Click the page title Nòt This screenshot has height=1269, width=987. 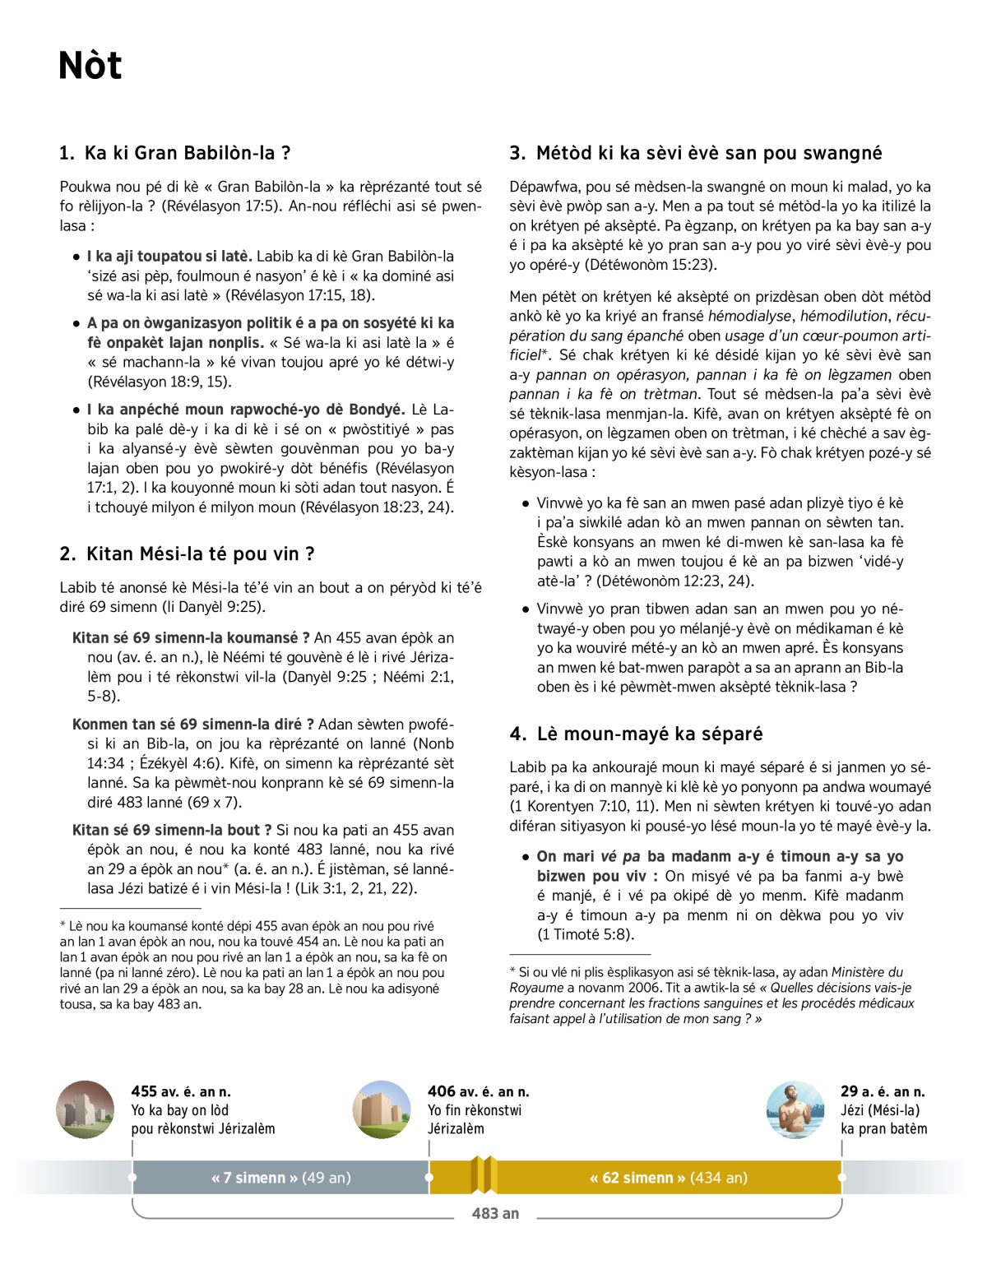(90, 66)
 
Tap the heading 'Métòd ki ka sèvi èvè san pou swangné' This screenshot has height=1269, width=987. (708, 153)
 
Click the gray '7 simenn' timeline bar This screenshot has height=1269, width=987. (280, 1178)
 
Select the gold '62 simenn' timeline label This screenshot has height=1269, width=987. (668, 1178)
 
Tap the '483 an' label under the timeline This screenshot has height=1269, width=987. (495, 1213)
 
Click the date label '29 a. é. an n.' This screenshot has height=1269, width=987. (882, 1091)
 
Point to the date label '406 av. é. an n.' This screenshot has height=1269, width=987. (478, 1091)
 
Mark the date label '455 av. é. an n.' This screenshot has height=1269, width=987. (181, 1091)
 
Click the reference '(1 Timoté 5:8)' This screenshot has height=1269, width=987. (585, 934)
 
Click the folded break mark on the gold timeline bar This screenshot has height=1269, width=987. (484, 1175)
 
